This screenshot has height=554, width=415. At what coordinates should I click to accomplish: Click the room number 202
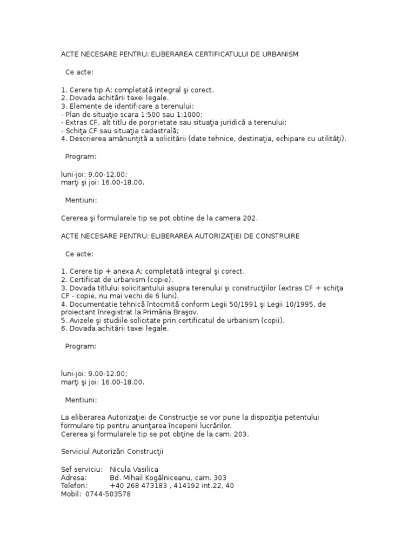[249, 219]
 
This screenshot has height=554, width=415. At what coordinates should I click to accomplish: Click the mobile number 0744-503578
[108, 494]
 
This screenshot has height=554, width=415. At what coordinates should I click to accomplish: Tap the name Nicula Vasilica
[134, 470]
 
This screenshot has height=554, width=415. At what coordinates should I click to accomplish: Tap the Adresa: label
[73, 478]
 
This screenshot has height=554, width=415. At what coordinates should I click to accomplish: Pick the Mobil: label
[71, 494]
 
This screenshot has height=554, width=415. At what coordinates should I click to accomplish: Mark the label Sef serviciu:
[82, 470]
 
